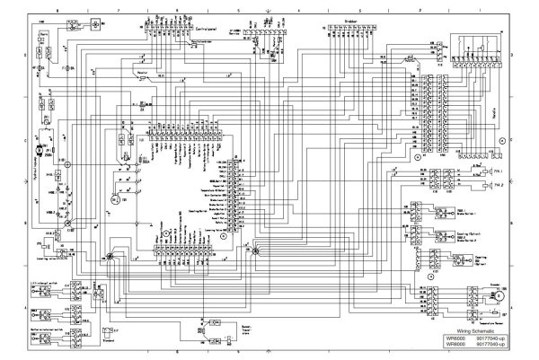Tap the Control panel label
pyautogui.click(x=209, y=28)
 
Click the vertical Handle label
pyautogui.click(x=519, y=111)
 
